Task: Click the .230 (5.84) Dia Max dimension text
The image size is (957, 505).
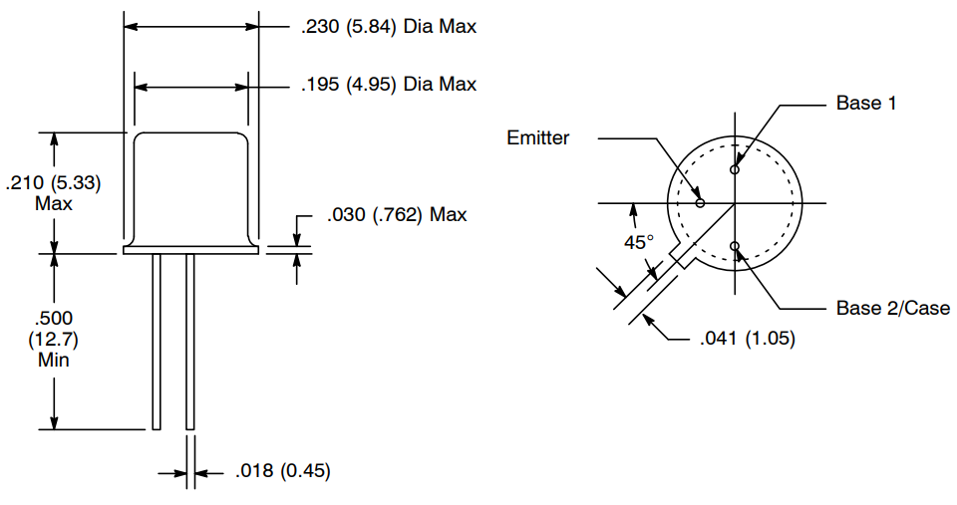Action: pyautogui.click(x=389, y=27)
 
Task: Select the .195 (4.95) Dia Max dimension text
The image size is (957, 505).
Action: pyautogui.click(x=389, y=85)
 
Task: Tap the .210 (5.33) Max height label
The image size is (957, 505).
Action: pyautogui.click(x=54, y=193)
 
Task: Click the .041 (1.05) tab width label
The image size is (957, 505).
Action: pyautogui.click(x=747, y=339)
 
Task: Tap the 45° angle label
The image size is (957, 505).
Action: pyautogui.click(x=638, y=242)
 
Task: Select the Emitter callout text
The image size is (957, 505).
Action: pyautogui.click(x=537, y=138)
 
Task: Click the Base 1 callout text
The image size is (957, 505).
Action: pyautogui.click(x=858, y=104)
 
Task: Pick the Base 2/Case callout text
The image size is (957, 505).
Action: pyautogui.click(x=892, y=308)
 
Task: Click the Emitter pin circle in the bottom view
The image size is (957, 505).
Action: pyautogui.click(x=700, y=203)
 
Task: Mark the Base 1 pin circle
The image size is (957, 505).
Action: pyautogui.click(x=735, y=169)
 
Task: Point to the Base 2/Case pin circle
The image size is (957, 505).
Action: pyautogui.click(x=735, y=246)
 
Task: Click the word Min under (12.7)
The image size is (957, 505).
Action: pyautogui.click(x=54, y=360)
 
